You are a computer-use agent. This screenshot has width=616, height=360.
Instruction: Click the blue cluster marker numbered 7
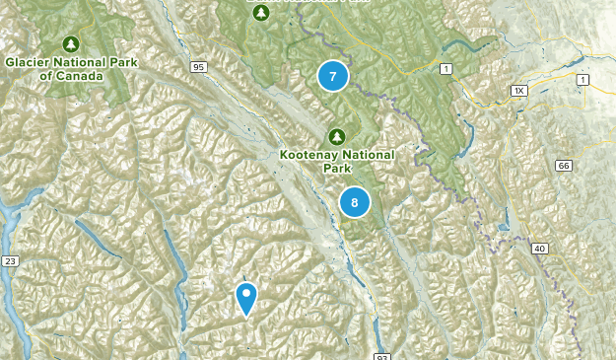(333, 76)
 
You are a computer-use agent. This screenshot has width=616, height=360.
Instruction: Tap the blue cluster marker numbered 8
(354, 202)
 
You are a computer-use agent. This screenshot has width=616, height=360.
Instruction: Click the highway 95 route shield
(199, 67)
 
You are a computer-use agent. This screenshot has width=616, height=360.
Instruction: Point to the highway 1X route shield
(519, 91)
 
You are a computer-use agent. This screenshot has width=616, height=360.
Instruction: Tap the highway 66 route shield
(563, 165)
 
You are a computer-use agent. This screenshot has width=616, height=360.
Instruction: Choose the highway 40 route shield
(540, 248)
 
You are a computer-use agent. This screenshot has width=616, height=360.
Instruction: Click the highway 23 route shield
(11, 260)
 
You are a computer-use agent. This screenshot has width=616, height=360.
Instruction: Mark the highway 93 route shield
(382, 353)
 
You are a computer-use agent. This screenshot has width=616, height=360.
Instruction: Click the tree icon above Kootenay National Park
(336, 136)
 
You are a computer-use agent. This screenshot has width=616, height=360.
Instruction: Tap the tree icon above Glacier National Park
(70, 43)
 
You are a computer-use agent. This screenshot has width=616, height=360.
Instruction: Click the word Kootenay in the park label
(308, 155)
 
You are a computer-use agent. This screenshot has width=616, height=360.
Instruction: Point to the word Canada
(79, 75)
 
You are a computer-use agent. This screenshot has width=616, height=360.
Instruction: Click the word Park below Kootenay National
(336, 168)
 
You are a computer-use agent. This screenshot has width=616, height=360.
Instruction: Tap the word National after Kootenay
(367, 155)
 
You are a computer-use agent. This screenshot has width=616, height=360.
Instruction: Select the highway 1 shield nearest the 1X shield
(583, 79)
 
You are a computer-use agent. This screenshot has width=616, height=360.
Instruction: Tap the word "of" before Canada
(48, 75)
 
